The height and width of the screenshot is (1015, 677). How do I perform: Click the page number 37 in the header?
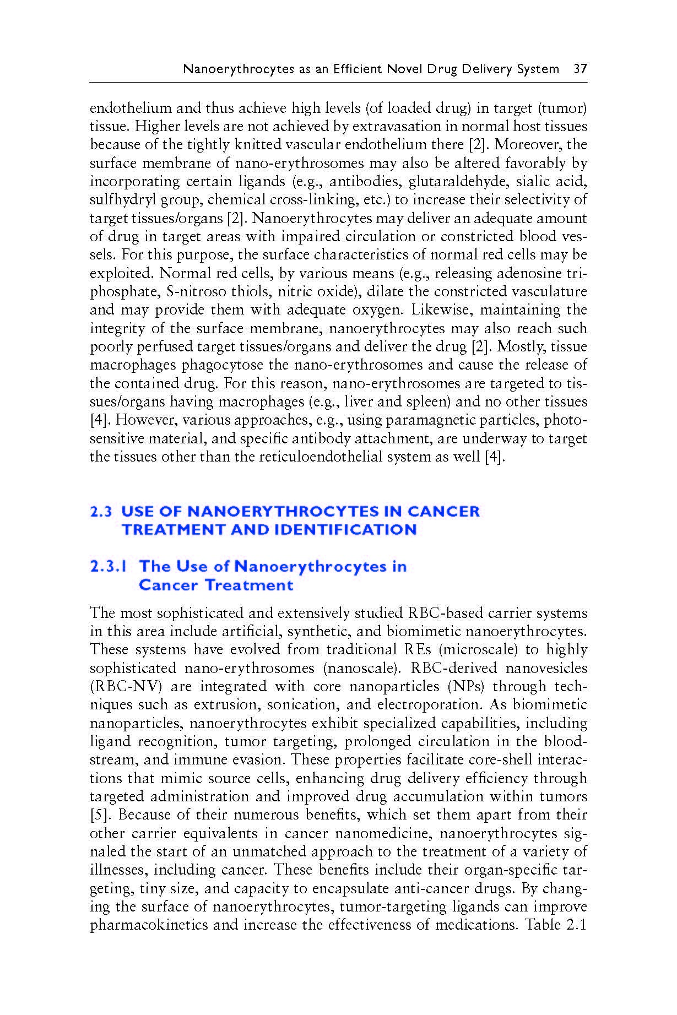[x=580, y=69]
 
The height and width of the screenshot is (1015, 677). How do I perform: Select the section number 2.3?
[x=101, y=511]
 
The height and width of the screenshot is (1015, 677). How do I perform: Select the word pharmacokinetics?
[x=149, y=925]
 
